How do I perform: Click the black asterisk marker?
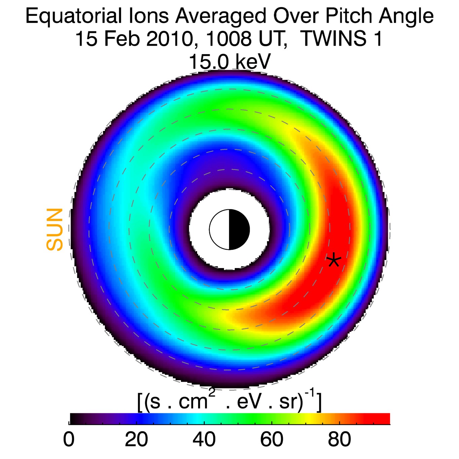point(334,260)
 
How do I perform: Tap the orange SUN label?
point(55,230)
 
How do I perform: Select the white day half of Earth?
point(219,230)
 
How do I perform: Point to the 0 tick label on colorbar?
point(69,440)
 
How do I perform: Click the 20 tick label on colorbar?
point(136,440)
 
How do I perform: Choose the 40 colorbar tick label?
point(204,440)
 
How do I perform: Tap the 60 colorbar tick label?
point(272,440)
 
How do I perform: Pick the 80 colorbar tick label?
point(339,440)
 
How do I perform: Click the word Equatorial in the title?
point(73,16)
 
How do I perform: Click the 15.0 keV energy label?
point(229,62)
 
